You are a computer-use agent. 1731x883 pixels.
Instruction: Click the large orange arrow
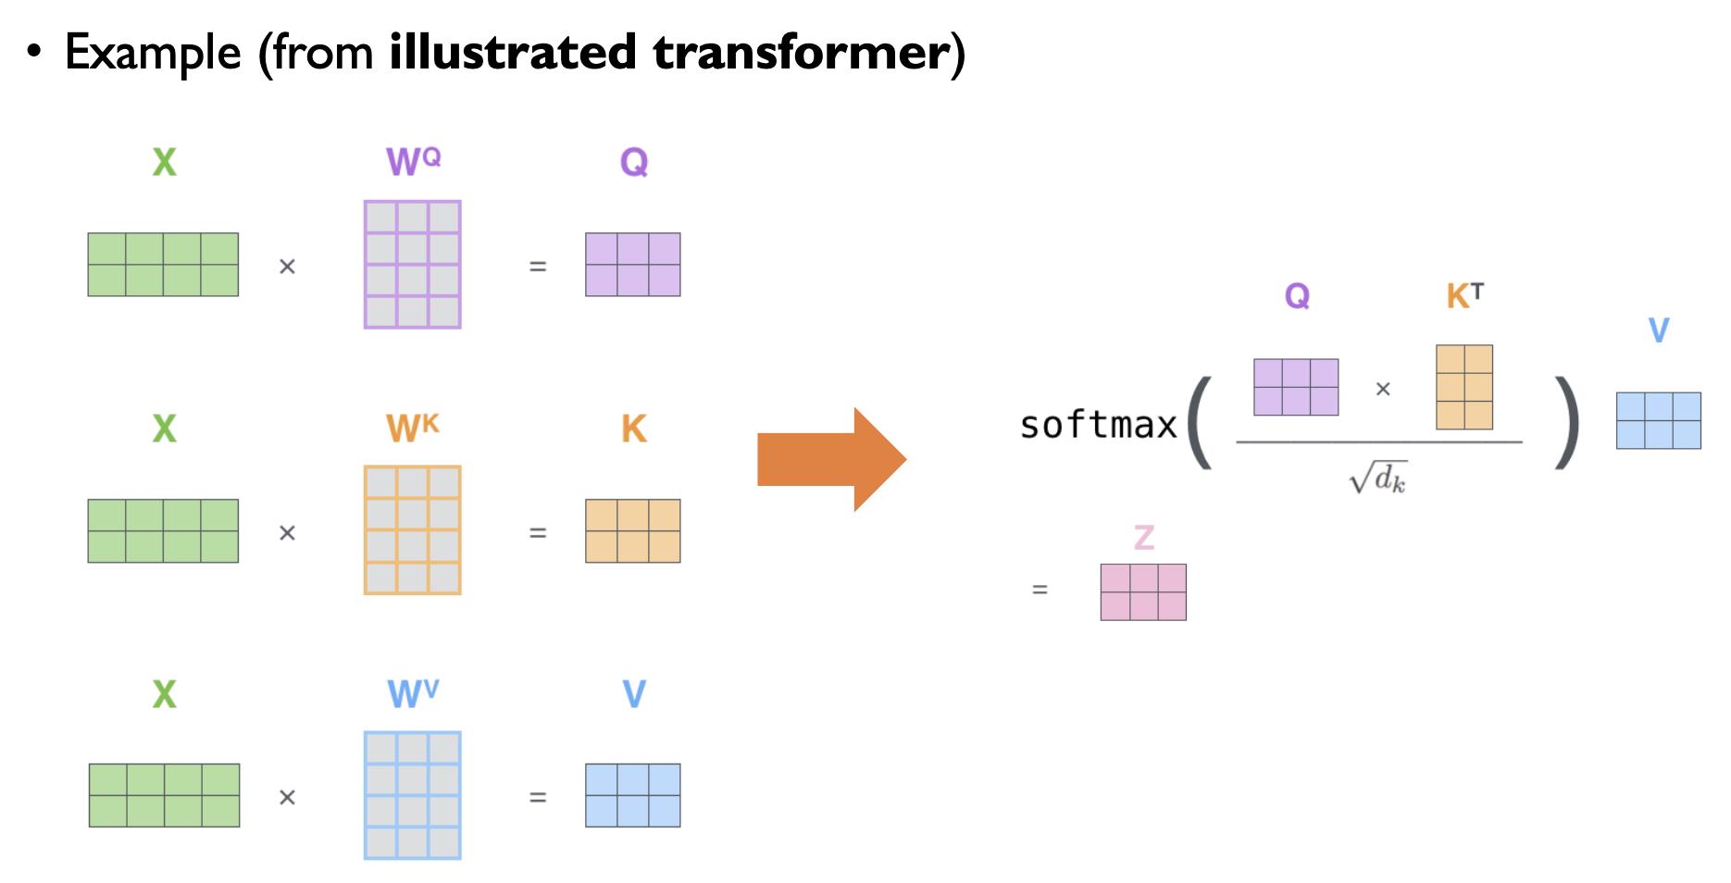tap(828, 459)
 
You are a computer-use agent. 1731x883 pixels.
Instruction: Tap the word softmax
tap(1098, 426)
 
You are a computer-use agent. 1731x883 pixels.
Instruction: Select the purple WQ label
tap(413, 161)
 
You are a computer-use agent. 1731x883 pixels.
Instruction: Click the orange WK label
tap(412, 428)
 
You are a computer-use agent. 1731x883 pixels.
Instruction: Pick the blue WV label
tap(413, 693)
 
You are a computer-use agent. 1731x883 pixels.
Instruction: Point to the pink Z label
tap(1144, 537)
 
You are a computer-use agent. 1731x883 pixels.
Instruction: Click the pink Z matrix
tap(1143, 592)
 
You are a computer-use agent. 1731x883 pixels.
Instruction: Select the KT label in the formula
tap(1464, 296)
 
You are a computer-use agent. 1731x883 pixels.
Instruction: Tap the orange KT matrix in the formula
tap(1464, 387)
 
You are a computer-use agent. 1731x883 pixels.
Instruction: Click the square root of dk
tap(1378, 478)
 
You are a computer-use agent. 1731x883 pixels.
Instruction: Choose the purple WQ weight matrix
tap(413, 265)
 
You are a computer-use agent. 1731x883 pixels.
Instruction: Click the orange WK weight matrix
tap(413, 530)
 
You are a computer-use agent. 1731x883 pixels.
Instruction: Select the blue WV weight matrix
tap(413, 796)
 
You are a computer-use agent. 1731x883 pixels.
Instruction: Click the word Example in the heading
tap(153, 53)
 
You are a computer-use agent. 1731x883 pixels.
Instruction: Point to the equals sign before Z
tap(1040, 590)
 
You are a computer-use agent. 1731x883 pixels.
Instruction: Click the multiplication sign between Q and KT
tap(1383, 390)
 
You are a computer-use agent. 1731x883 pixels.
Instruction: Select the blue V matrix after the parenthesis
tap(1658, 421)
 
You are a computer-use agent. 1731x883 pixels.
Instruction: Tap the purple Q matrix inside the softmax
tap(1296, 387)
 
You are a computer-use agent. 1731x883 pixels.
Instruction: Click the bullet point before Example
tap(34, 52)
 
